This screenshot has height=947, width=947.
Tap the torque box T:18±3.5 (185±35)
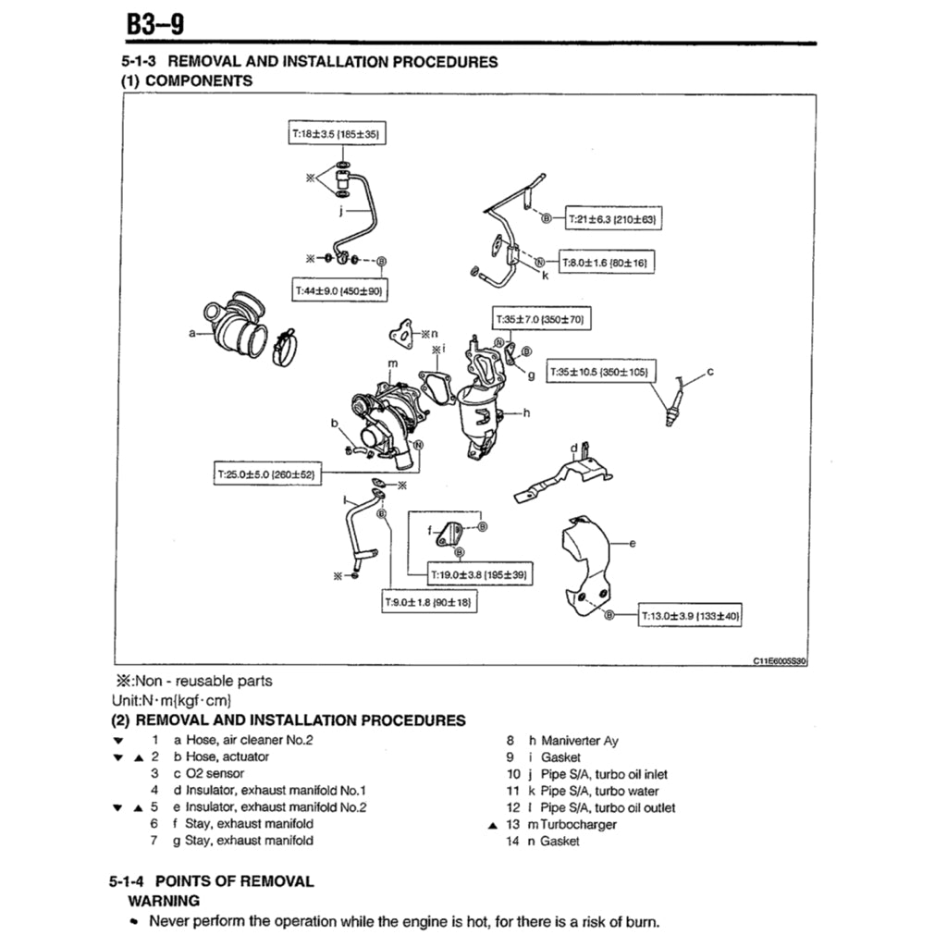coord(336,134)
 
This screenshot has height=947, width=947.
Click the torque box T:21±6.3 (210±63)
coord(611,219)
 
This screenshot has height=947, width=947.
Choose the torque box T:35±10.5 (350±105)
coord(600,372)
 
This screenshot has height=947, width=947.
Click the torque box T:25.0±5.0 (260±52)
coord(266,474)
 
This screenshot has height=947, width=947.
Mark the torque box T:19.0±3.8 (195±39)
coord(478,574)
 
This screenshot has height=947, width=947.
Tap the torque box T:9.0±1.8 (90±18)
coord(428,602)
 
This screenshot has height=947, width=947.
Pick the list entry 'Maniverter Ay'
coord(580,741)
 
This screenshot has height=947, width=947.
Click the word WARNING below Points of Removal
coord(163,900)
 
